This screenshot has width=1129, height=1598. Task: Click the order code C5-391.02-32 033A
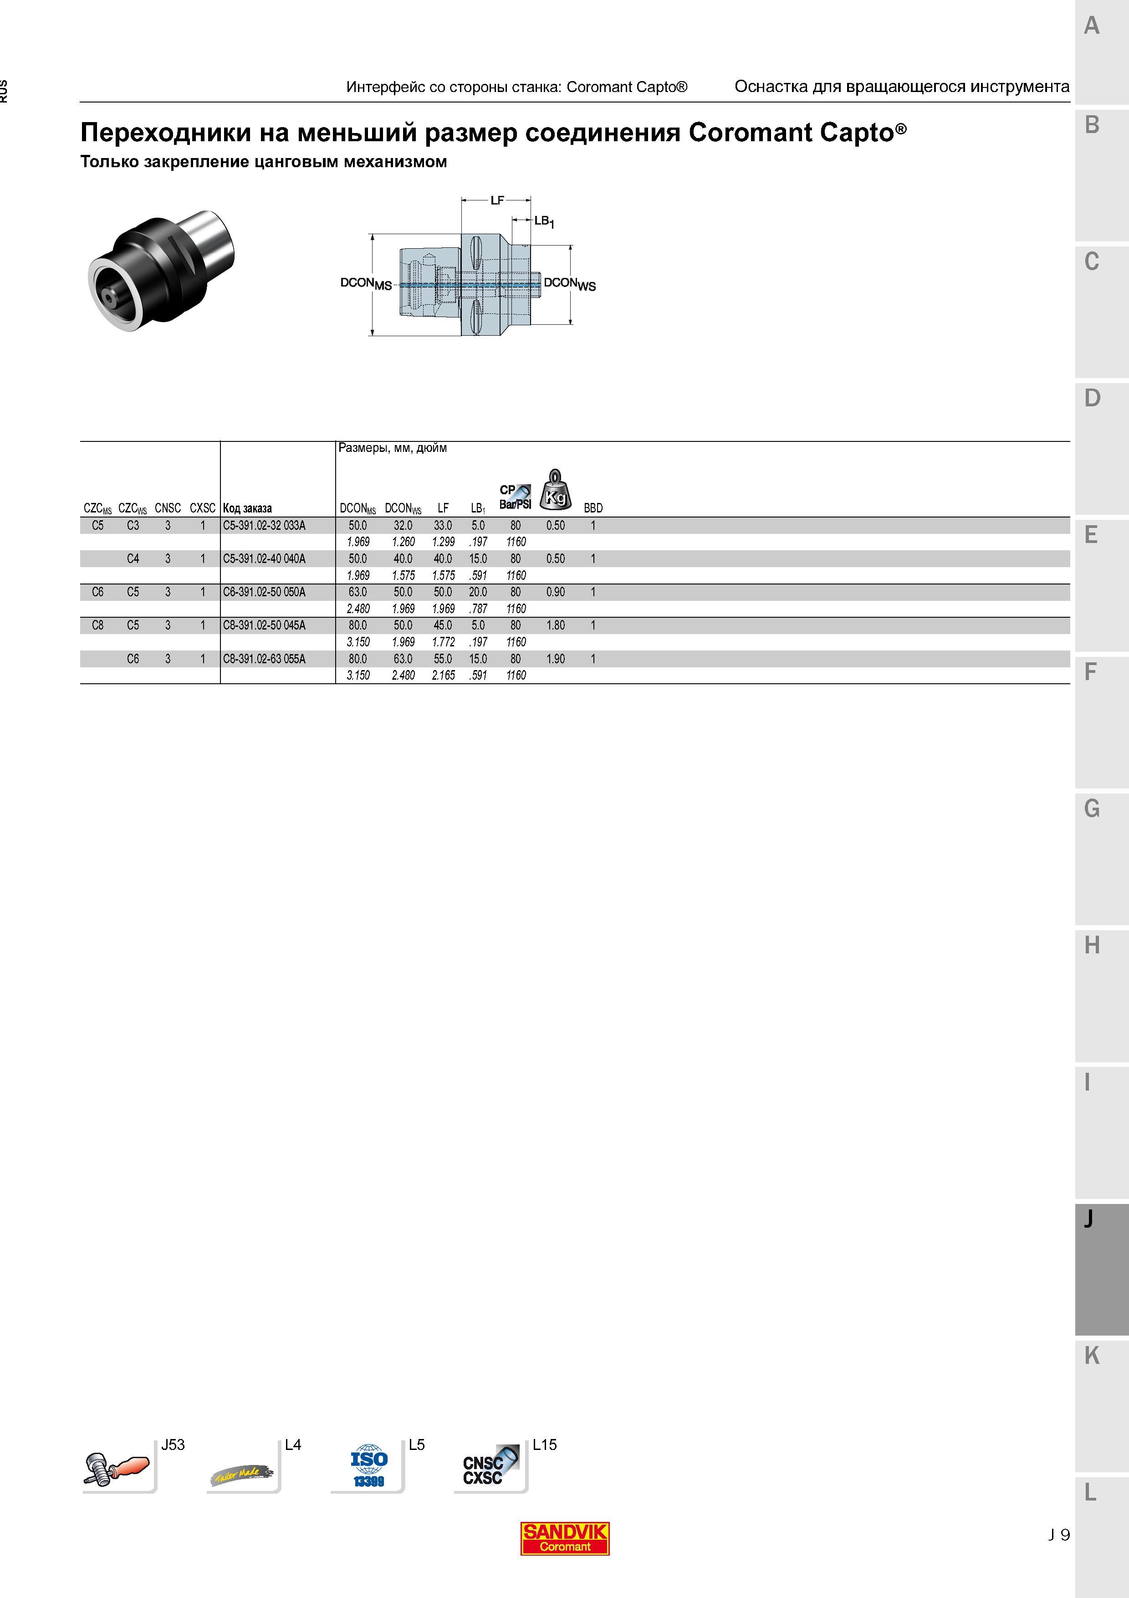pyautogui.click(x=264, y=526)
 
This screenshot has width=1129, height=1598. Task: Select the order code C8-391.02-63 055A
pyautogui.click(x=264, y=658)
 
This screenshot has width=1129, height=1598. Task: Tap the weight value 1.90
pyautogui.click(x=555, y=658)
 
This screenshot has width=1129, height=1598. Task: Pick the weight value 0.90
pyautogui.click(x=555, y=592)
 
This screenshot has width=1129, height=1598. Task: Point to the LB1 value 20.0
pyautogui.click(x=478, y=592)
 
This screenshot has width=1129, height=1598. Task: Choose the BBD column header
pyautogui.click(x=593, y=508)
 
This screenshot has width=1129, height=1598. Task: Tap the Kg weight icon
pyautogui.click(x=556, y=489)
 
